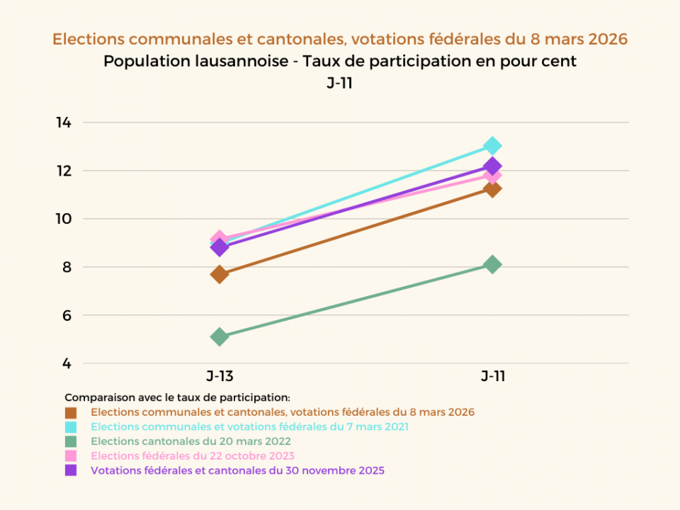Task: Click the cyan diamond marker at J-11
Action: point(492,146)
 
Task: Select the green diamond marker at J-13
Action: point(220,336)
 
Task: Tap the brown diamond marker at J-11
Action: point(492,188)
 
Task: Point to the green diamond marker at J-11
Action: point(492,264)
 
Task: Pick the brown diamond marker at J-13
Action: point(220,274)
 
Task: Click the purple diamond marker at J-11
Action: point(492,166)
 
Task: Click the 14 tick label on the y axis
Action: point(64,123)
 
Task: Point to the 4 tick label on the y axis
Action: point(66,363)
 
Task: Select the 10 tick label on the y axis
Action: point(64,219)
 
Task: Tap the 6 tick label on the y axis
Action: point(66,315)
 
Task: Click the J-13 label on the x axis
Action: point(220,376)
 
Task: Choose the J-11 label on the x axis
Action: point(493,376)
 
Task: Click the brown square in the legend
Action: point(71,412)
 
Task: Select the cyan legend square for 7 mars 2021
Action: point(71,427)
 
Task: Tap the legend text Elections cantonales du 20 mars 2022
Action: point(191,441)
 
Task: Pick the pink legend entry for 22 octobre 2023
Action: point(193,455)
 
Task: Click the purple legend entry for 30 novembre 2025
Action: point(237,470)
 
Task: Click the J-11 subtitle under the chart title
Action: point(340,84)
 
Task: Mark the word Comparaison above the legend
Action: point(94,397)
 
